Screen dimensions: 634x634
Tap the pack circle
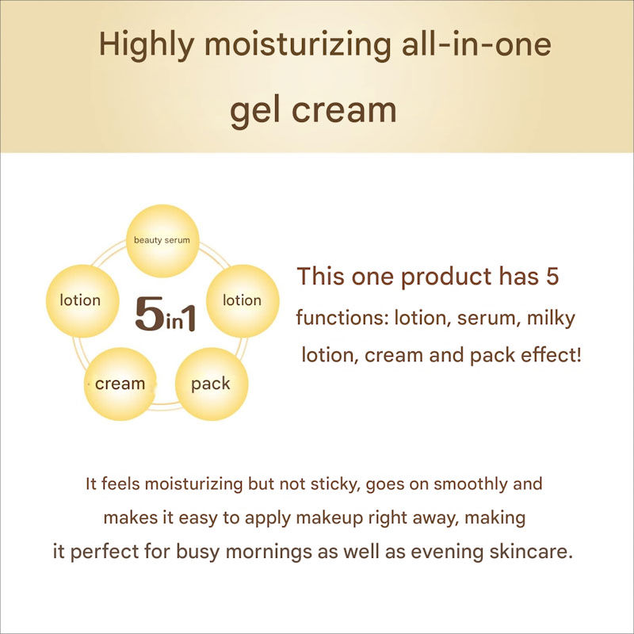tap(211, 384)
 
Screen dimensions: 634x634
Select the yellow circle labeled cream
tap(120, 384)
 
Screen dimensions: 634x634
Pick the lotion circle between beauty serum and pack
tap(242, 300)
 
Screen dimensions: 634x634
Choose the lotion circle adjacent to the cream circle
tap(80, 300)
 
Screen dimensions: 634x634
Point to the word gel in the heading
tap(254, 109)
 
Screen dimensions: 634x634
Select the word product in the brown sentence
tap(445, 277)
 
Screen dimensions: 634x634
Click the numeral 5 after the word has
tap(553, 277)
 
